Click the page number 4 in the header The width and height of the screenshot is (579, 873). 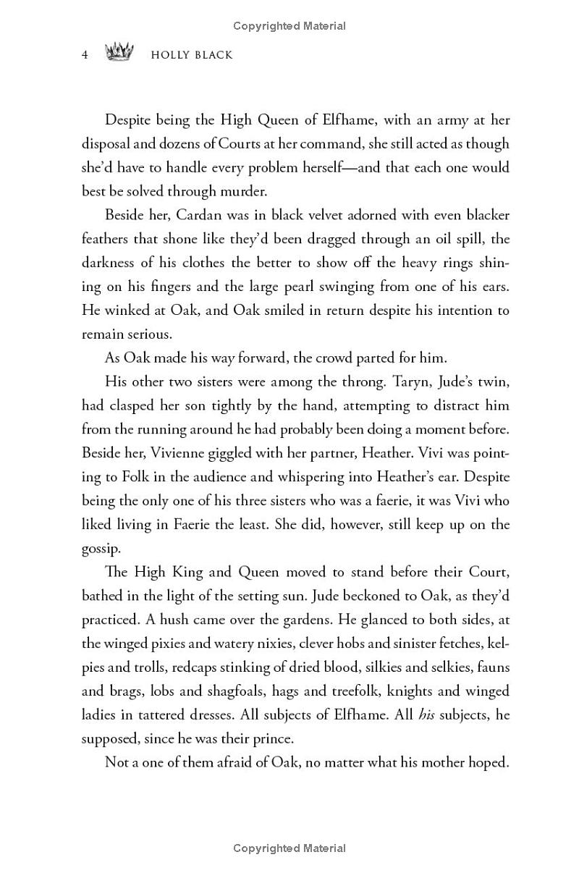tap(85, 54)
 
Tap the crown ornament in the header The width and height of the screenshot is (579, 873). tap(121, 53)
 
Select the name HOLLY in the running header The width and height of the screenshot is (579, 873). tap(170, 54)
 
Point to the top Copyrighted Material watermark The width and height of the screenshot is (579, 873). tap(289, 26)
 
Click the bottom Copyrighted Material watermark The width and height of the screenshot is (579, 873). tap(289, 848)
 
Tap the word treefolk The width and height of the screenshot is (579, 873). tap(349, 691)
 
